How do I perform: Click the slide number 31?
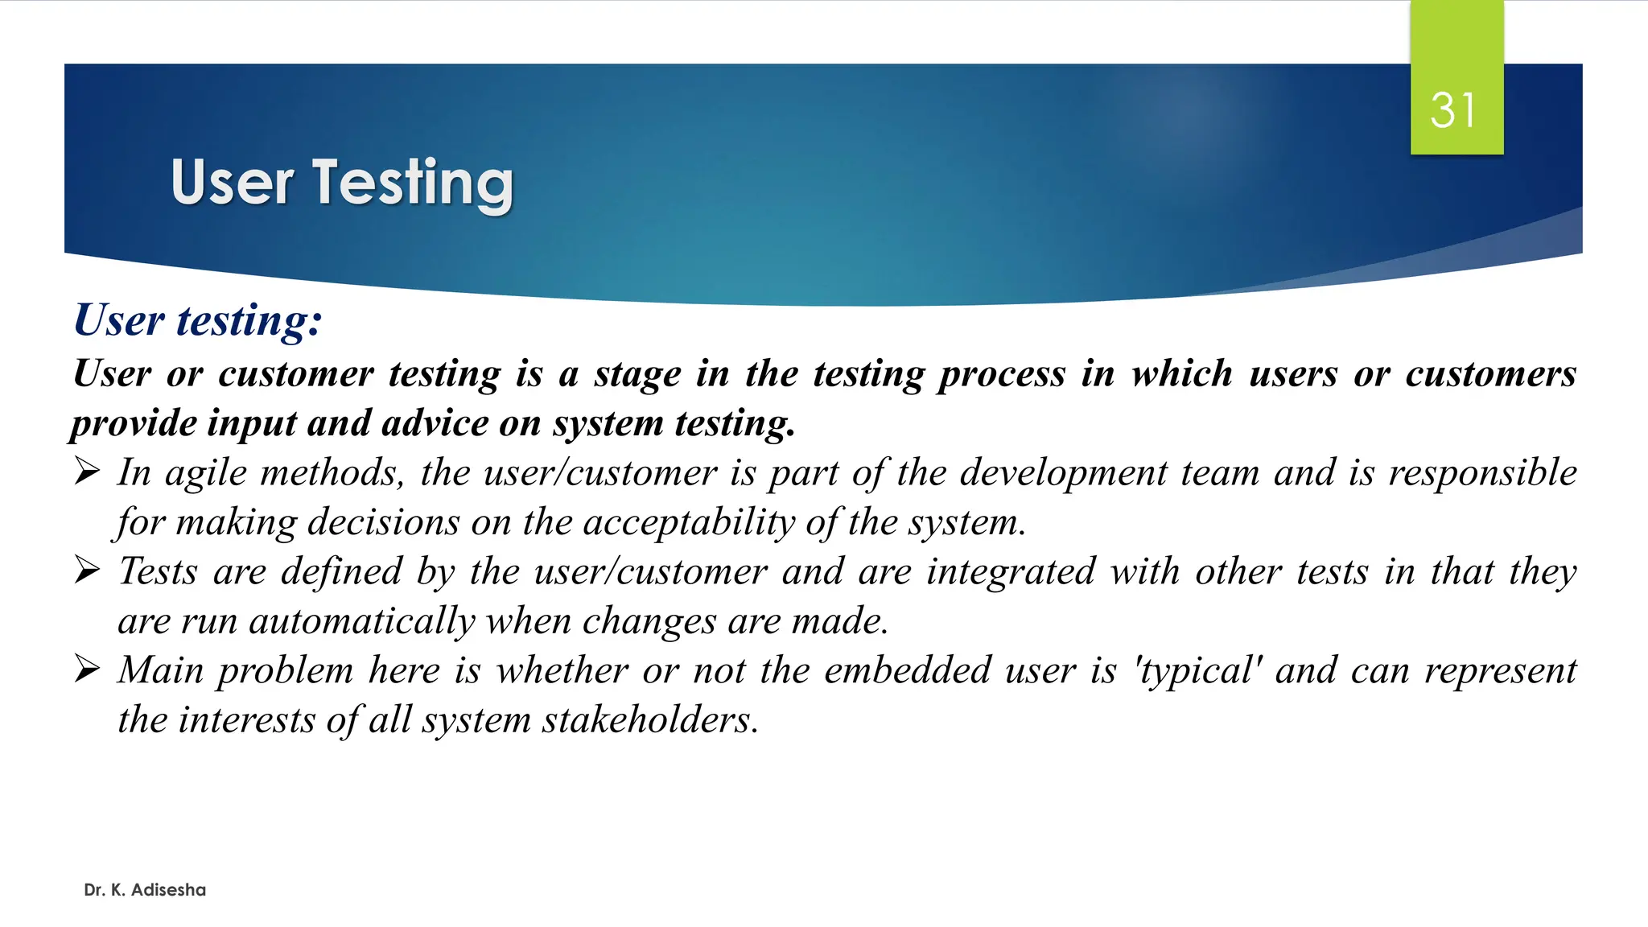pyautogui.click(x=1453, y=110)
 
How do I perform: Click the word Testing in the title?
pyautogui.click(x=413, y=183)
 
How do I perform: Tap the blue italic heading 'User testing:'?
pyautogui.click(x=198, y=320)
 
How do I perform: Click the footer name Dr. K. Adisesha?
pyautogui.click(x=145, y=890)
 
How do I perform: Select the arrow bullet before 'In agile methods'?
pyautogui.click(x=87, y=472)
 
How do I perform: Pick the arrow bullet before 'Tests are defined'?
pyautogui.click(x=87, y=571)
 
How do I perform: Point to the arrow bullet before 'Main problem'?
pyautogui.click(x=87, y=669)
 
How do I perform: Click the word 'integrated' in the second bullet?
pyautogui.click(x=1011, y=572)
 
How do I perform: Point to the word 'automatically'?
pyautogui.click(x=362, y=622)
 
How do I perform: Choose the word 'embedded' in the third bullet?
pyautogui.click(x=907, y=670)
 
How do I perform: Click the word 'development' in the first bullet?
pyautogui.click(x=1063, y=473)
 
